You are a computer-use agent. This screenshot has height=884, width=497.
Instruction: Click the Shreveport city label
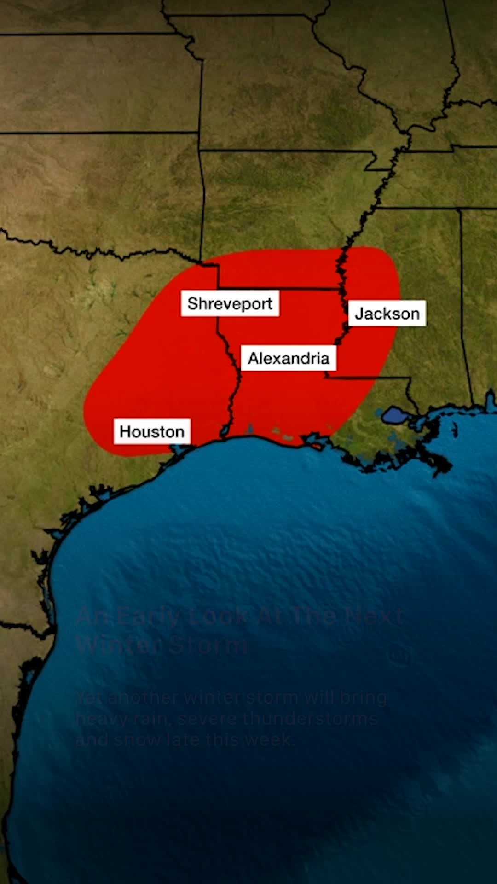[230, 303]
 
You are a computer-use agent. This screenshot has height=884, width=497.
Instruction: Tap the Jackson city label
[387, 314]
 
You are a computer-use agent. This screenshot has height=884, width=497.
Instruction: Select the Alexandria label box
[289, 358]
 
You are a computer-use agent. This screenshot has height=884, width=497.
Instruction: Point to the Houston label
[152, 431]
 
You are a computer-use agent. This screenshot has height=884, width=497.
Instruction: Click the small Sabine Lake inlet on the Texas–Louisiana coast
[225, 430]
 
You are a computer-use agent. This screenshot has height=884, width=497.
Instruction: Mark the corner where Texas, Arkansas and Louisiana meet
[218, 288]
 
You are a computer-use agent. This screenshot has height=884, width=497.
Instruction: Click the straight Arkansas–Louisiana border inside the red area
[281, 289]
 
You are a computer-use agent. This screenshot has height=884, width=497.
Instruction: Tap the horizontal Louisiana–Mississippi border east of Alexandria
[368, 378]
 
